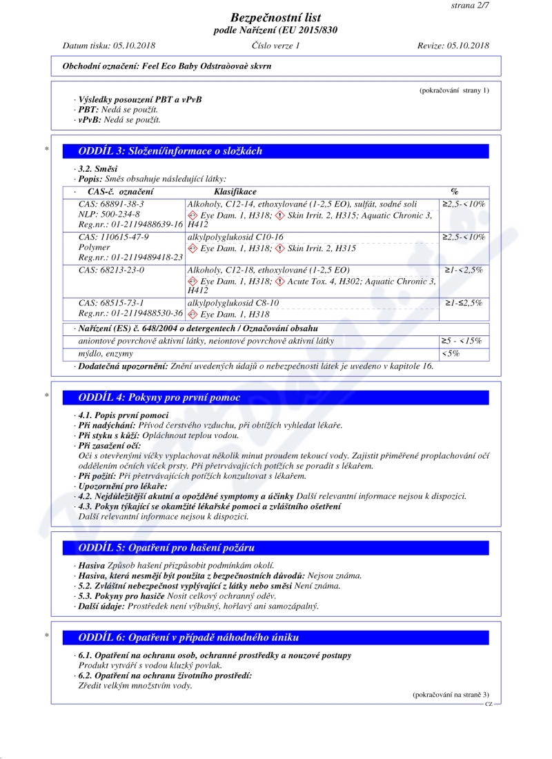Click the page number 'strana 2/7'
469,6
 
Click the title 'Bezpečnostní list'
276,18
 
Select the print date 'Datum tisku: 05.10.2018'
109,46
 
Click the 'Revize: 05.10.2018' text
453,46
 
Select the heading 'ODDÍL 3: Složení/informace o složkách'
170,151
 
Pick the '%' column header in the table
454,191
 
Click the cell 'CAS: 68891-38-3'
111,204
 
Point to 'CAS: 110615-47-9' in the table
113,237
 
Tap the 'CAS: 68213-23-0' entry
111,270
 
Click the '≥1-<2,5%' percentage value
464,270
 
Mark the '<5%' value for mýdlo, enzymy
451,353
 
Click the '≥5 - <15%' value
462,341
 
